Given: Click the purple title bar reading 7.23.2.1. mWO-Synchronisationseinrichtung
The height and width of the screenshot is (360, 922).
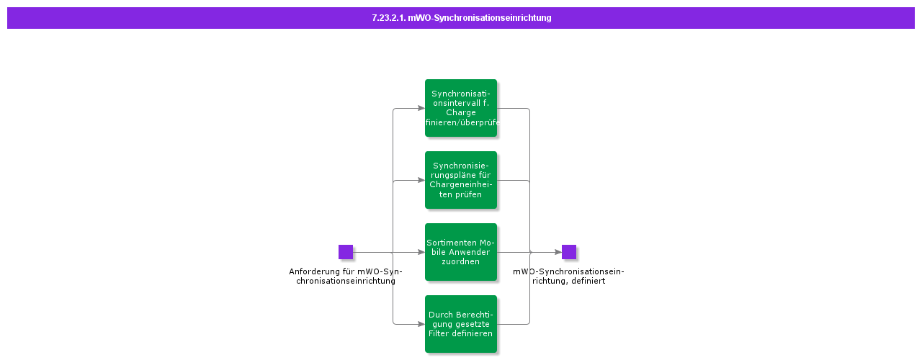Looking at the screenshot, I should coord(461,18).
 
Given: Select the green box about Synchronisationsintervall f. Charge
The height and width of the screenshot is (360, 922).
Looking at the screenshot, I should coord(461,108).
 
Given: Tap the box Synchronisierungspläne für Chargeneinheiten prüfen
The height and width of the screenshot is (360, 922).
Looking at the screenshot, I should coord(461,180).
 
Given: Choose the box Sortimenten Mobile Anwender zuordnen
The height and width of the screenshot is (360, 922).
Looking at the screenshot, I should coord(461,252).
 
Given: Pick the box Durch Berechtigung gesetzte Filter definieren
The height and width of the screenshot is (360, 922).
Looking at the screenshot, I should coord(461,324).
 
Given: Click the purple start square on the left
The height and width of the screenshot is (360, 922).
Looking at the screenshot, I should coord(346,252).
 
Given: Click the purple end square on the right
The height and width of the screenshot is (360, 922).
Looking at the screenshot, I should coord(569,252).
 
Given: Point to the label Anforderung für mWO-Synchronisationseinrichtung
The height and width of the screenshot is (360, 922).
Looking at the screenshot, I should coord(346,276).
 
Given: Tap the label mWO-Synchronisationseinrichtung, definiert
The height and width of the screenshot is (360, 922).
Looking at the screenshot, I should coord(568,276).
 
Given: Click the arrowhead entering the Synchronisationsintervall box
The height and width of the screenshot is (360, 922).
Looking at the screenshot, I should coord(421,108).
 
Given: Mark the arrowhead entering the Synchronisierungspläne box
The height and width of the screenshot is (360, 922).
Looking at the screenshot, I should coord(421,180).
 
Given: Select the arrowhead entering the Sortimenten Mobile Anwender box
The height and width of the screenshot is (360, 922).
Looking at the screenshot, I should coord(421,252).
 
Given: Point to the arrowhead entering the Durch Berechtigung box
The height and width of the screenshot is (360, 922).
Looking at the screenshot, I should coord(421,324).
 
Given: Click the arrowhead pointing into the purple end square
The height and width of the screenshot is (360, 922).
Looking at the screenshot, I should coord(558,252).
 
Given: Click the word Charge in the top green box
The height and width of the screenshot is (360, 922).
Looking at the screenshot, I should coord(461,112).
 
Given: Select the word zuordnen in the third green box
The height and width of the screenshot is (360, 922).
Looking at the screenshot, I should coord(461,261).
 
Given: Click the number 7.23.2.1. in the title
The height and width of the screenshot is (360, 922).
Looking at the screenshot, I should coord(388,18).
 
